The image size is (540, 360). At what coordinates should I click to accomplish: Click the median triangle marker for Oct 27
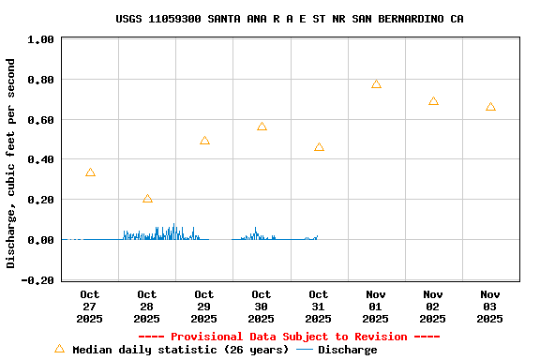click(90, 172)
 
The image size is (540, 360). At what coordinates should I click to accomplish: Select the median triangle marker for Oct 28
click(147, 199)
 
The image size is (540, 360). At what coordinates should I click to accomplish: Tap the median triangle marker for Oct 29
click(204, 141)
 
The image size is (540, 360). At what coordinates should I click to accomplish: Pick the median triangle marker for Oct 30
click(262, 127)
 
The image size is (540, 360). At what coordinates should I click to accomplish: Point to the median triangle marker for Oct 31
click(319, 147)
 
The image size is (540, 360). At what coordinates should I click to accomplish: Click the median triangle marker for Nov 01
click(376, 84)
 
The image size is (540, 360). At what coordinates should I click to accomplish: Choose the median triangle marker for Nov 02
click(433, 101)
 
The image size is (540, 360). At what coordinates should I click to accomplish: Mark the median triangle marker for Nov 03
click(490, 107)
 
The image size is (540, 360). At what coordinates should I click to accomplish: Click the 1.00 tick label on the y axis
click(40, 40)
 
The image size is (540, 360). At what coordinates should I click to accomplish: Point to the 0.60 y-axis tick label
click(40, 120)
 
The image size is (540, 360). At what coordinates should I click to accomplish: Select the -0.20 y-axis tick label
click(37, 280)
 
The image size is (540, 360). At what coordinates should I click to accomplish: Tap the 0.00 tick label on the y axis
click(40, 240)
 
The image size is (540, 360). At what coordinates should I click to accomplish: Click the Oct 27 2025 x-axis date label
click(90, 307)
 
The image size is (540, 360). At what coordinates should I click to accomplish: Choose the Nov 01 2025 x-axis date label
click(376, 307)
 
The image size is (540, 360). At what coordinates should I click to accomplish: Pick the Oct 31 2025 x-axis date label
click(319, 307)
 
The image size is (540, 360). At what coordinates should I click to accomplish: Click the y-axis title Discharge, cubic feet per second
click(11, 163)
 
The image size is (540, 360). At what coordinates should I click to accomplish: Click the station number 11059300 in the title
click(174, 19)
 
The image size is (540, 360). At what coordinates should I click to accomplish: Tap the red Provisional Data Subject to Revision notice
click(289, 337)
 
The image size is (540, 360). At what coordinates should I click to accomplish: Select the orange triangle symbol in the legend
click(60, 349)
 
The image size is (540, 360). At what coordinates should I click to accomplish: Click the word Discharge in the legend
click(347, 350)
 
